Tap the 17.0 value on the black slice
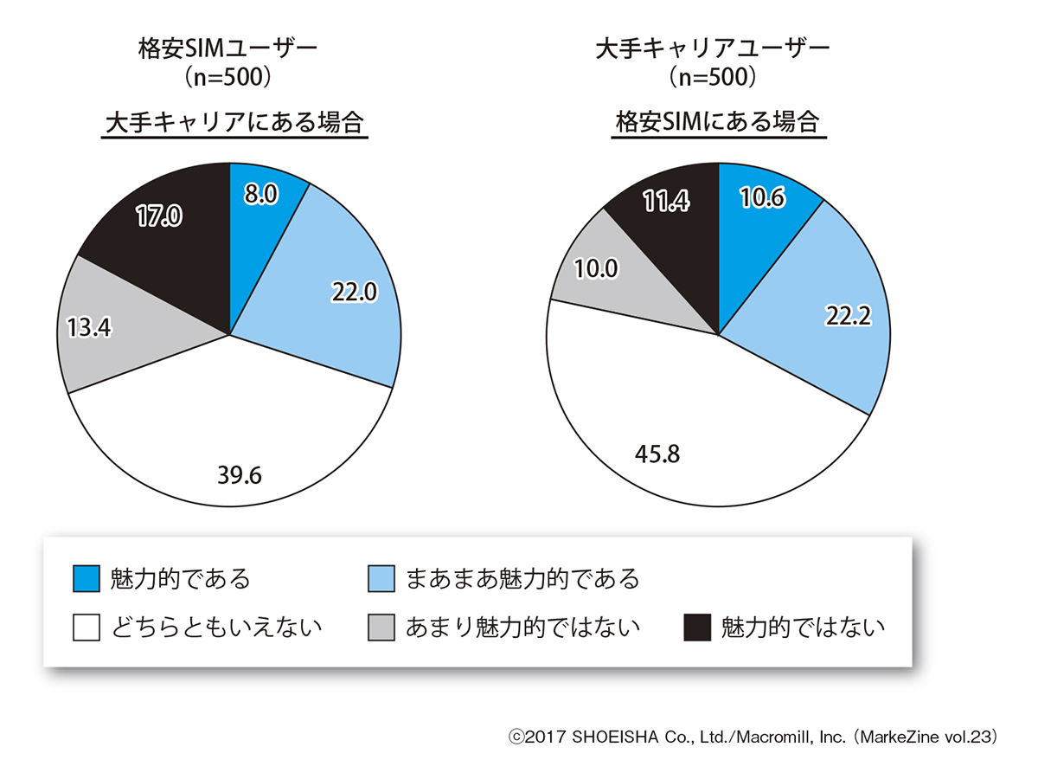click(x=158, y=216)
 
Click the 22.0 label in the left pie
click(x=354, y=293)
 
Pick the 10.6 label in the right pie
click(x=763, y=199)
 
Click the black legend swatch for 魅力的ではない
click(x=696, y=627)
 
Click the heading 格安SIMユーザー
click(x=228, y=48)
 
